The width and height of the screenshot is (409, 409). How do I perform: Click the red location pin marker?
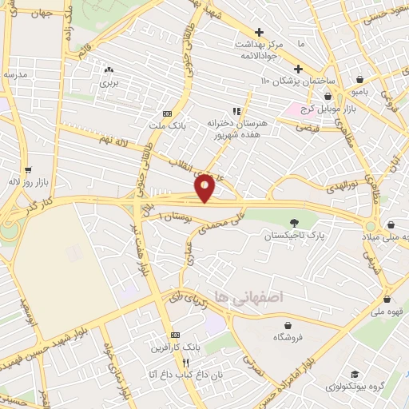click(x=205, y=187)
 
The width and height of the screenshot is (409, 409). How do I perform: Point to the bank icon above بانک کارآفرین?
click(x=175, y=336)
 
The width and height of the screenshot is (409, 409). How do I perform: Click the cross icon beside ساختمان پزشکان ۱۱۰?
click(x=300, y=69)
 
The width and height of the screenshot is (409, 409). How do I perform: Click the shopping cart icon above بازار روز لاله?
click(x=28, y=169)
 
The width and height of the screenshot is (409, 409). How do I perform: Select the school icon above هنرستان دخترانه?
click(x=236, y=111)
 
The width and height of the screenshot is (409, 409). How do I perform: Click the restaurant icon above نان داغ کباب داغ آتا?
click(x=185, y=362)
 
